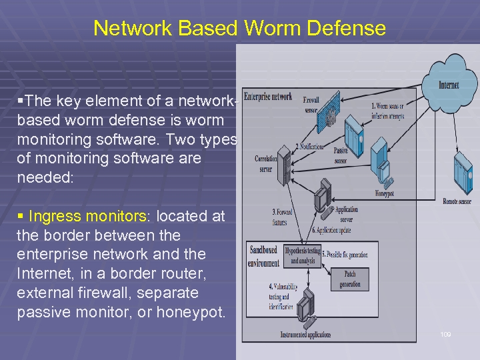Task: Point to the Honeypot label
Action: [x=385, y=194]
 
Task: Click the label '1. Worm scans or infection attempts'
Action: [x=387, y=111]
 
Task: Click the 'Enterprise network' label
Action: [x=268, y=97]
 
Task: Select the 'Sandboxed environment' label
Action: [x=265, y=256]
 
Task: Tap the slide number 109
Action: [x=445, y=334]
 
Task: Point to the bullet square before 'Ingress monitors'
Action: [x=20, y=216]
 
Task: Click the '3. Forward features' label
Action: [x=282, y=217]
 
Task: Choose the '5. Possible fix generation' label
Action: [x=345, y=254]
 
